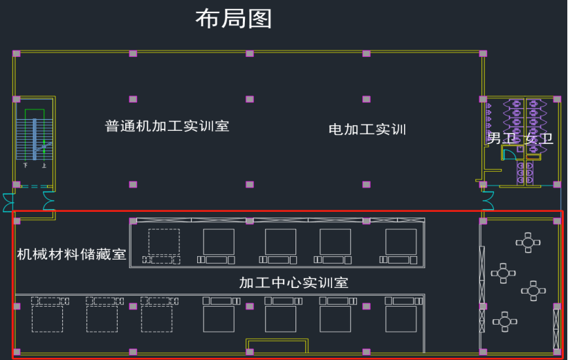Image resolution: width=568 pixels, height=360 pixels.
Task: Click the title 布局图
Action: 233,19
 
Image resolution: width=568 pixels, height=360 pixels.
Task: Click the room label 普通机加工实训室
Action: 167,126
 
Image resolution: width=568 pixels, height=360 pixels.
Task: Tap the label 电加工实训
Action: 367,129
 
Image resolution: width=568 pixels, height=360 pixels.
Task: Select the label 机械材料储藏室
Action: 71,255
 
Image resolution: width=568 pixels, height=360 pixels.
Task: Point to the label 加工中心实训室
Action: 293,282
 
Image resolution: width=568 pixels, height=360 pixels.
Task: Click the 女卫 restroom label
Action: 539,138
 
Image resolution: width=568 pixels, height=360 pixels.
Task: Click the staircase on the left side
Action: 34,138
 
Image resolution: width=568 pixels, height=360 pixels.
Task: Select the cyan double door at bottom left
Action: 29,201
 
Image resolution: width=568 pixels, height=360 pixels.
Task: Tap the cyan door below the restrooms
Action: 488,200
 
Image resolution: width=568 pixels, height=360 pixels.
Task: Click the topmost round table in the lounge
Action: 529,242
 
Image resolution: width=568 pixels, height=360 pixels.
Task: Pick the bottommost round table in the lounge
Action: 505,321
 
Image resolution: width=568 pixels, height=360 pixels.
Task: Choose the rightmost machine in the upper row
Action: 401,242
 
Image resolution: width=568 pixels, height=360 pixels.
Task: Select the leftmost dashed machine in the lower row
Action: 47,318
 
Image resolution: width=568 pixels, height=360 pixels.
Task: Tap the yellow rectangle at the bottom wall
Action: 277,345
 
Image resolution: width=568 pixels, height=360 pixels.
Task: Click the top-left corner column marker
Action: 17,53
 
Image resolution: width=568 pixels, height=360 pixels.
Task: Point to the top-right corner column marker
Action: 483,53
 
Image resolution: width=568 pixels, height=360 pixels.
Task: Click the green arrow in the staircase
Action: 44,145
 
